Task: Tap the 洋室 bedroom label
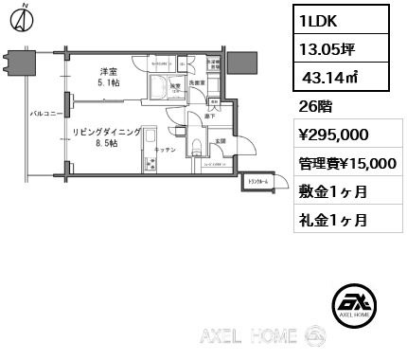click(x=109, y=72)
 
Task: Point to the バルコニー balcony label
click(x=44, y=112)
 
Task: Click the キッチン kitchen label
click(x=165, y=150)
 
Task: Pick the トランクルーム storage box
click(x=257, y=181)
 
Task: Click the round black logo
click(x=357, y=304)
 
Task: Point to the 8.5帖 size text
click(x=106, y=144)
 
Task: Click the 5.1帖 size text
click(x=109, y=83)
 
